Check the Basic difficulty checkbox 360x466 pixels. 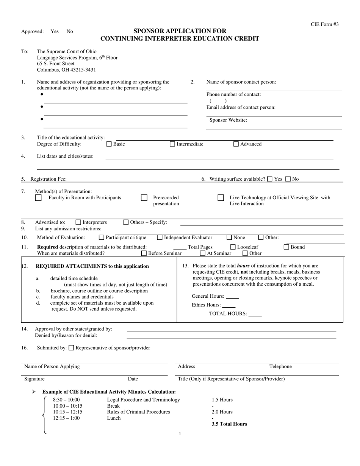point(109,144)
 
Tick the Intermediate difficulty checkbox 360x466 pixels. point(172,144)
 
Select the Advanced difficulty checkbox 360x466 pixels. point(236,144)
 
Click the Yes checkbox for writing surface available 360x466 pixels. point(269,179)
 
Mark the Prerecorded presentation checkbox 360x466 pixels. point(144,198)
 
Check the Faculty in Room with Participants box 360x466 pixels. point(38,198)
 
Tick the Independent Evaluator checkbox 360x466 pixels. point(160,238)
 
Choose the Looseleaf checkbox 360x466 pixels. point(233,247)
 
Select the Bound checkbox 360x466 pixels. point(286,247)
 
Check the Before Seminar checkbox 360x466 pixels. point(144,253)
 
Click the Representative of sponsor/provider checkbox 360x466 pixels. point(71,348)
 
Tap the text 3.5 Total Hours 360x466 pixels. point(229,424)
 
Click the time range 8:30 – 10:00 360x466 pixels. point(66,400)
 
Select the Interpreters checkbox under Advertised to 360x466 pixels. point(78,222)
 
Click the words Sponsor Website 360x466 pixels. point(228,120)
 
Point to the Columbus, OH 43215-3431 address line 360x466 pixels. point(66,70)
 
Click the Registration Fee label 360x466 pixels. point(49,179)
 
